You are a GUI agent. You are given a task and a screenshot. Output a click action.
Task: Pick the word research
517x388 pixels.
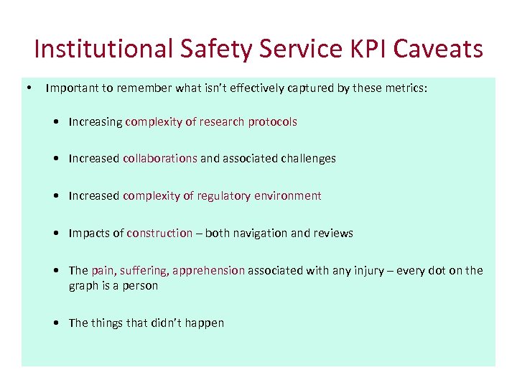[222, 121]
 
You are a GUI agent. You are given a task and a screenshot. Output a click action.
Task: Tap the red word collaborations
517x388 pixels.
[160, 158]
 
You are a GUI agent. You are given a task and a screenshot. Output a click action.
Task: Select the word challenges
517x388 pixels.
[305, 158]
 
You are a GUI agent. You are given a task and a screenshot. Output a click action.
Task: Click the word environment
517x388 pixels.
[287, 195]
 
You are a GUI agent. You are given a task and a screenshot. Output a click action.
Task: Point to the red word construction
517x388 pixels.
[159, 233]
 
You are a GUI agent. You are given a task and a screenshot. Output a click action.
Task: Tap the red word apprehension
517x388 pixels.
[208, 270]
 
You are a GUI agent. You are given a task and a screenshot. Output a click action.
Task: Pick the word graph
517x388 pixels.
[83, 285]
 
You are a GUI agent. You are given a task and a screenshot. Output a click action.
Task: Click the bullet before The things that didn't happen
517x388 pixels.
[56, 323]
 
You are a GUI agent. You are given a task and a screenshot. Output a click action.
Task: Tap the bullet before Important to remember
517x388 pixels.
[27, 88]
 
